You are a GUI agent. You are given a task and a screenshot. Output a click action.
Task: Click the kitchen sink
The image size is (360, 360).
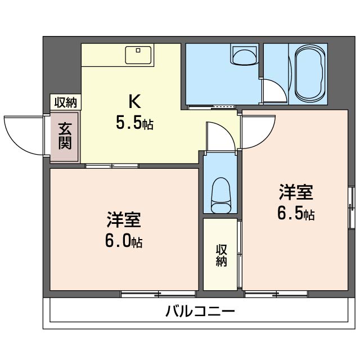[138, 55]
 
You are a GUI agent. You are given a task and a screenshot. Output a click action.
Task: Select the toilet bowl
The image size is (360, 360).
[220, 195]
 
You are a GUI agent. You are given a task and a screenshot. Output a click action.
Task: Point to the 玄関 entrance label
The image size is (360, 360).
[65, 137]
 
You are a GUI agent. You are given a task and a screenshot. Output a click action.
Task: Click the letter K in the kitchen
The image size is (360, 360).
[134, 102]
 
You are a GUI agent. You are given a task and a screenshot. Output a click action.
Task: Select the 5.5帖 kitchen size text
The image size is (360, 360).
[134, 123]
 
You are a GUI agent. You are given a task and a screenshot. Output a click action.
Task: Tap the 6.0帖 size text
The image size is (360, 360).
[123, 242]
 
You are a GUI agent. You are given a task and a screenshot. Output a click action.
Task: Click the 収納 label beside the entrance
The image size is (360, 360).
[65, 102]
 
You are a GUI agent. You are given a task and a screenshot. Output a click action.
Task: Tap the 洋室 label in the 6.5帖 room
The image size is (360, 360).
[296, 193]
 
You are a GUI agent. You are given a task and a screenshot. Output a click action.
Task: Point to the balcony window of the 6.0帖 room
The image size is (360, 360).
[158, 294]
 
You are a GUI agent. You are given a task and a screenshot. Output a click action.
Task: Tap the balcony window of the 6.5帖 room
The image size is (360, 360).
[276, 294]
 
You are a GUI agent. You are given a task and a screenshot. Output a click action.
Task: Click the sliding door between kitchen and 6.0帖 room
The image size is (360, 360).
[112, 165]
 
